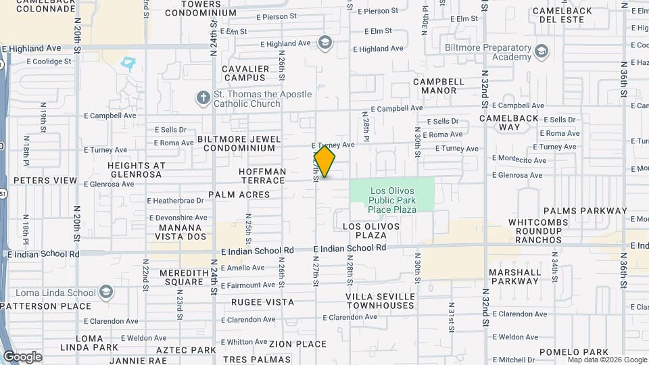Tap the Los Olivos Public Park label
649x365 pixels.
click(393, 199)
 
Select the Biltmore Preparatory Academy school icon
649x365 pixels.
click(541, 51)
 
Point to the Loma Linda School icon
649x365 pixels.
click(105, 292)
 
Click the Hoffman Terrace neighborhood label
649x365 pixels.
click(262, 176)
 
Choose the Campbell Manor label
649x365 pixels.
click(439, 86)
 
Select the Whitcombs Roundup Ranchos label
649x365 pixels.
click(535, 230)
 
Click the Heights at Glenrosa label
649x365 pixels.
click(136, 170)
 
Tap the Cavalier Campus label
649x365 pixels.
click(246, 73)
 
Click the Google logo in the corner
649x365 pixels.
click(22, 356)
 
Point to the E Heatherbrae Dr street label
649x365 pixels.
click(175, 201)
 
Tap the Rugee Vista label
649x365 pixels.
click(262, 302)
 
